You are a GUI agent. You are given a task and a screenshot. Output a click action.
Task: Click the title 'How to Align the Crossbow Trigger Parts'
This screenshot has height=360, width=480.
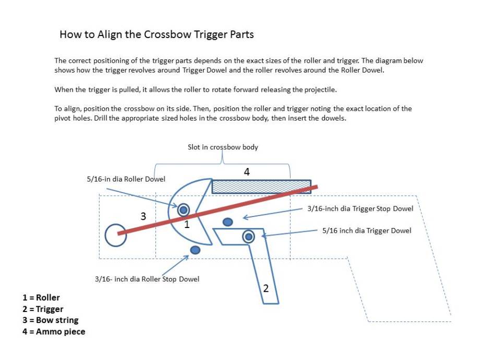point(157,35)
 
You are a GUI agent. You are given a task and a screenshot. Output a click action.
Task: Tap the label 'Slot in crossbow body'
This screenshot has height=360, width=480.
point(223,147)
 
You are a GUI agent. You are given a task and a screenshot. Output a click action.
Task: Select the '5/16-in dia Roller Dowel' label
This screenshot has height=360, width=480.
point(126,179)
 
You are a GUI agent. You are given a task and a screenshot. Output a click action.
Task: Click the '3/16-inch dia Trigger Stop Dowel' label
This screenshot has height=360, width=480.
point(360,209)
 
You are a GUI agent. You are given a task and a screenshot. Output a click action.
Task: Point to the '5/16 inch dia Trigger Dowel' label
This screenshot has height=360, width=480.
point(367,230)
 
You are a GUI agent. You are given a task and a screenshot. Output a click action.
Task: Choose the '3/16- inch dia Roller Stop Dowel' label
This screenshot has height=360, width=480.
point(147,279)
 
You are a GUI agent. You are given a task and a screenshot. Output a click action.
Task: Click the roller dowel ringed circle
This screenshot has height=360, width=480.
point(184,210)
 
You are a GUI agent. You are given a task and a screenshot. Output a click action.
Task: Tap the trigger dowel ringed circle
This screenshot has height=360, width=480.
point(249,236)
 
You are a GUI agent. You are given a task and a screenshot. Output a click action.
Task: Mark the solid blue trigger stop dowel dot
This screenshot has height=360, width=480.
point(227,222)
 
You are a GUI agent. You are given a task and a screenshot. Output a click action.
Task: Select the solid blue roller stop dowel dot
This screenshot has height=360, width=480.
point(195,251)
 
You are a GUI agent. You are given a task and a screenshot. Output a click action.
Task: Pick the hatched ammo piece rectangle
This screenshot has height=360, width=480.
point(261,186)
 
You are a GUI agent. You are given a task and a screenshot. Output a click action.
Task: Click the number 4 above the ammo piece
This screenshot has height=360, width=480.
point(246,171)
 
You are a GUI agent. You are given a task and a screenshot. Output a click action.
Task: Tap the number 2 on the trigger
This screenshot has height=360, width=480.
point(266,287)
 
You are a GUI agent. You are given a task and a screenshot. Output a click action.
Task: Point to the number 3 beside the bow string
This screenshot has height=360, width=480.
point(143,216)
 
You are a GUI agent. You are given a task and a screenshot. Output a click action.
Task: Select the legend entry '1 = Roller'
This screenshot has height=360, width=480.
point(41,298)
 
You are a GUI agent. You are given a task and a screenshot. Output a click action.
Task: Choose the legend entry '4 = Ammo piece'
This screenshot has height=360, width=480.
point(54,331)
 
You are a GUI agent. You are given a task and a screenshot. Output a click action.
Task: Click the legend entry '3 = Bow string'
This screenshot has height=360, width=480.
point(51,320)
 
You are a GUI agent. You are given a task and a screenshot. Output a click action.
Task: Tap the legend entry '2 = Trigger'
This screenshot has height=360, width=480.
point(43,309)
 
